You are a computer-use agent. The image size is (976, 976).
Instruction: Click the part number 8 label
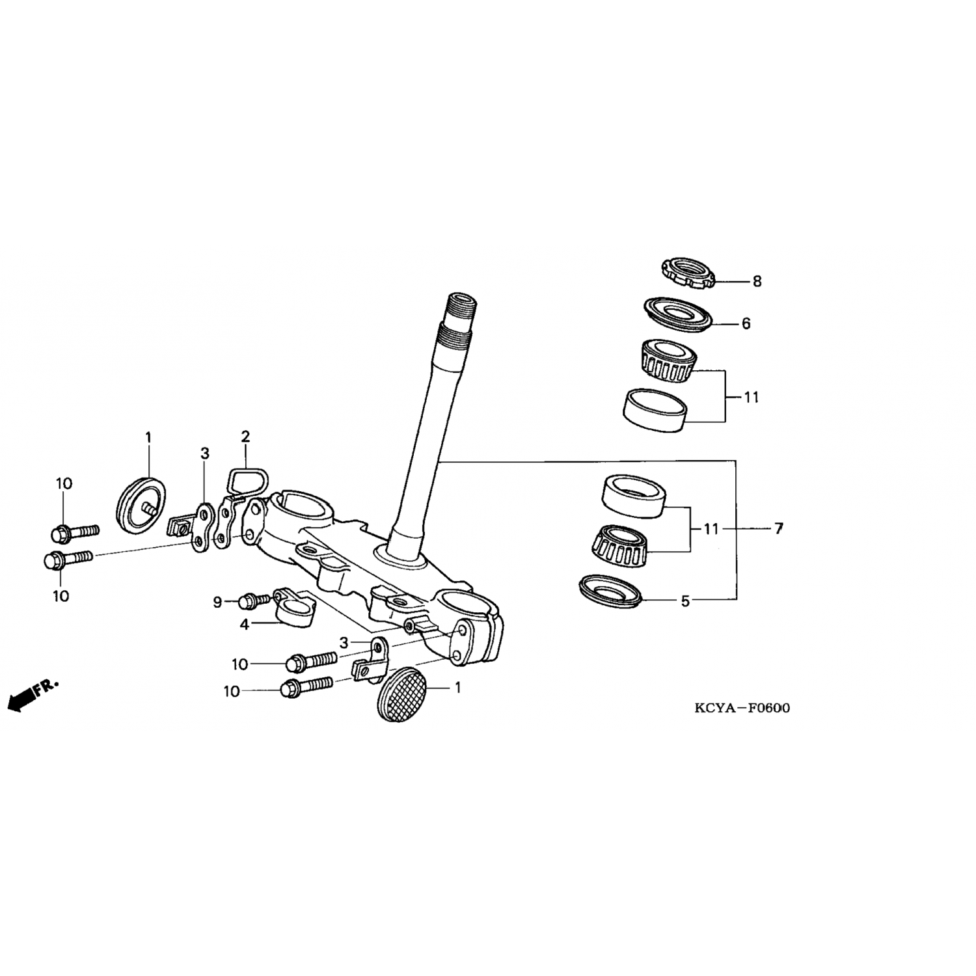[757, 282]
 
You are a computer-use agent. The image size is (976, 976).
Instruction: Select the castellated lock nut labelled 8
[688, 273]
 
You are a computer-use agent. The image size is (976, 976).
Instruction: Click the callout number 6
[746, 323]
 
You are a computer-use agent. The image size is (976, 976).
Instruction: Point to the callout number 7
[779, 529]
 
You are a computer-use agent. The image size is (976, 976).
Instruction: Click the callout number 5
[685, 602]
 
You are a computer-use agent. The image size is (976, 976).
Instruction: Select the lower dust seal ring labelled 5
[611, 590]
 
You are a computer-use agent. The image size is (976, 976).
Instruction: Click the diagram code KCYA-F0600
[742, 709]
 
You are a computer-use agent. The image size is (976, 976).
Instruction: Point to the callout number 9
[218, 603]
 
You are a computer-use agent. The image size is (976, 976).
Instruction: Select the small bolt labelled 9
[254, 599]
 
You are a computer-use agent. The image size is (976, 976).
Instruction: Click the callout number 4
[244, 625]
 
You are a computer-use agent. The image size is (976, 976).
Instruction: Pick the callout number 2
[245, 436]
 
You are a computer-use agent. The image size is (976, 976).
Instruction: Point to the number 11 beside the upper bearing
[752, 397]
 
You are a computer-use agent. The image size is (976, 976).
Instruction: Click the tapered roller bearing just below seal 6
[666, 361]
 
